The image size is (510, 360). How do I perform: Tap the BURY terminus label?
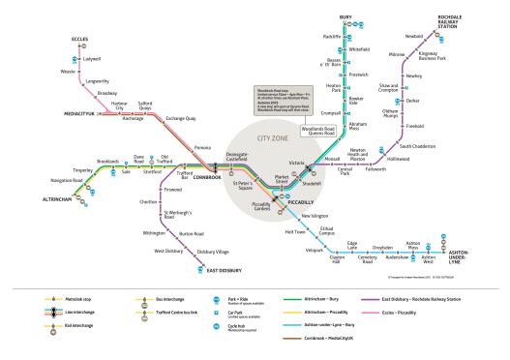(x=345, y=17)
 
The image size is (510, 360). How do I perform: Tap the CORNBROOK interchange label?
(x=207, y=177)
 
